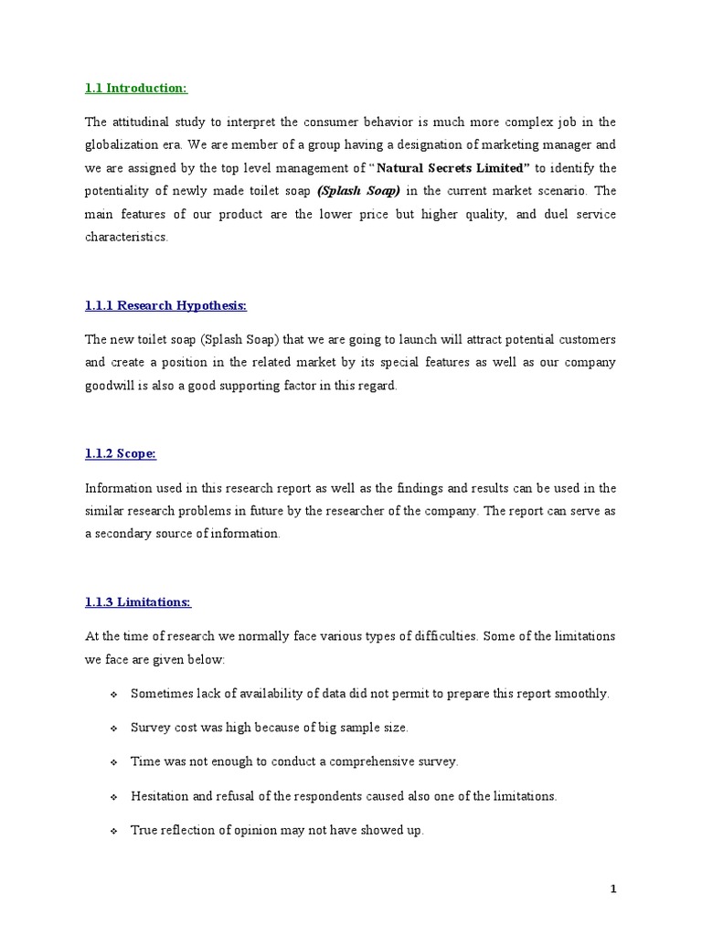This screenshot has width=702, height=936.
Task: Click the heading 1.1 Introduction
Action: point(135,88)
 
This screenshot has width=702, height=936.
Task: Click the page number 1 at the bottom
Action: point(613,888)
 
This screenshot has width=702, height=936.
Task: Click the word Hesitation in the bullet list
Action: point(161,796)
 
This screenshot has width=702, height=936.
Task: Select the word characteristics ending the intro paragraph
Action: point(126,236)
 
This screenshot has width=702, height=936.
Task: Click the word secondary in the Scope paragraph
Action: point(124,534)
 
